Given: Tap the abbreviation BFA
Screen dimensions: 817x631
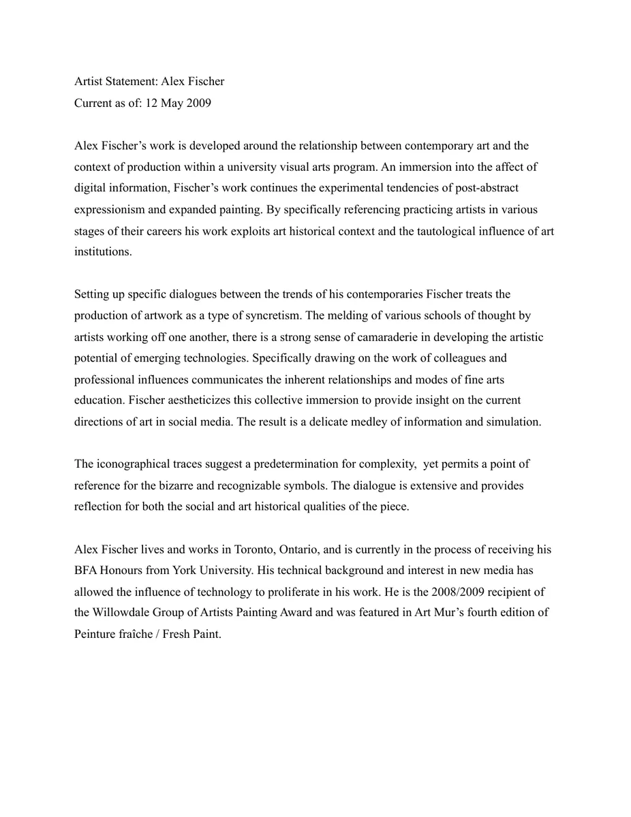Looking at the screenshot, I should pyautogui.click(x=85, y=571).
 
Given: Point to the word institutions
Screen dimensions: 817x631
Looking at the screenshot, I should pyautogui.click(x=103, y=252).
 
